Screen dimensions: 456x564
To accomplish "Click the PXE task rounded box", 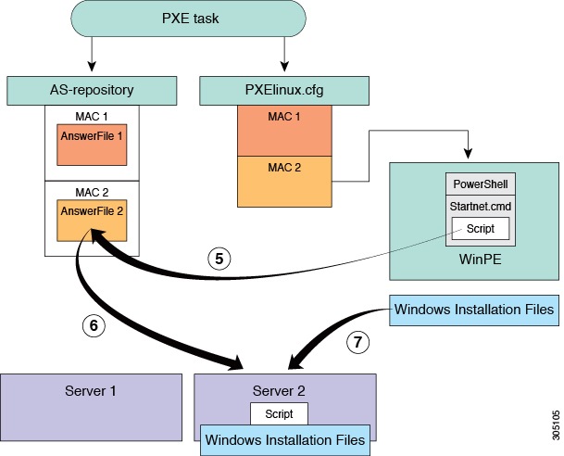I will point(188,19).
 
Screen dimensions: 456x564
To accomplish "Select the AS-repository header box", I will point(92,90).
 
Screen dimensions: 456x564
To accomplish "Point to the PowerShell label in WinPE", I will point(480,184).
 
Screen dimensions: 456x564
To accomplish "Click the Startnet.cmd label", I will point(480,206).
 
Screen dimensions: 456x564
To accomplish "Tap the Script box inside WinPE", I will point(480,228).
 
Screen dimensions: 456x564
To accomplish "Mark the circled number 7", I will point(357,341).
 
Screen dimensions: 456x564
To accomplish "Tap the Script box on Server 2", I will point(279,413).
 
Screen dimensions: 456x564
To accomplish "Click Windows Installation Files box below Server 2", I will point(285,438).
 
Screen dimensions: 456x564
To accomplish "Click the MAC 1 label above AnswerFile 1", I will point(92,118).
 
